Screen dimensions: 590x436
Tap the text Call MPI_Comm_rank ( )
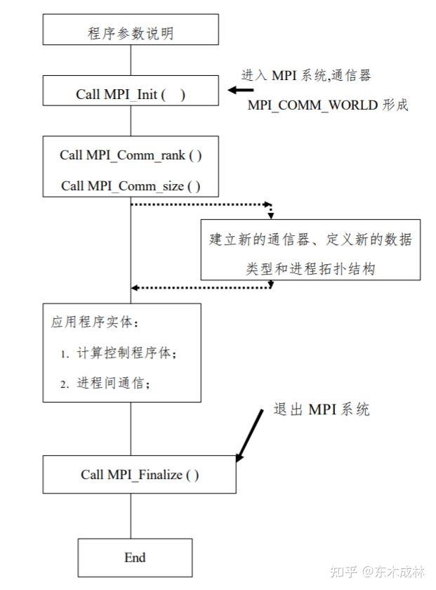(131, 155)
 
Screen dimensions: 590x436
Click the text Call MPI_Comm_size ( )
(131, 185)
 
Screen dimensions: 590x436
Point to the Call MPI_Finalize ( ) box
(139, 475)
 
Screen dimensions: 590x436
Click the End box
(134, 558)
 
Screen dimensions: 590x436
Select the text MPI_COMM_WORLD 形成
(328, 105)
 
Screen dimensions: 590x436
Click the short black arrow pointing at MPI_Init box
(241, 90)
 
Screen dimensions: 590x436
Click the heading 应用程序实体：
(86, 322)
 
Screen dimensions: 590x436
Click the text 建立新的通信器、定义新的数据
(310, 240)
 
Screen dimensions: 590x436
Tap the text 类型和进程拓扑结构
(310, 268)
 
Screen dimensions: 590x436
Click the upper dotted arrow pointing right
(201, 205)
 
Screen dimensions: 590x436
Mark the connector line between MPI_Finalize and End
(131, 516)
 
